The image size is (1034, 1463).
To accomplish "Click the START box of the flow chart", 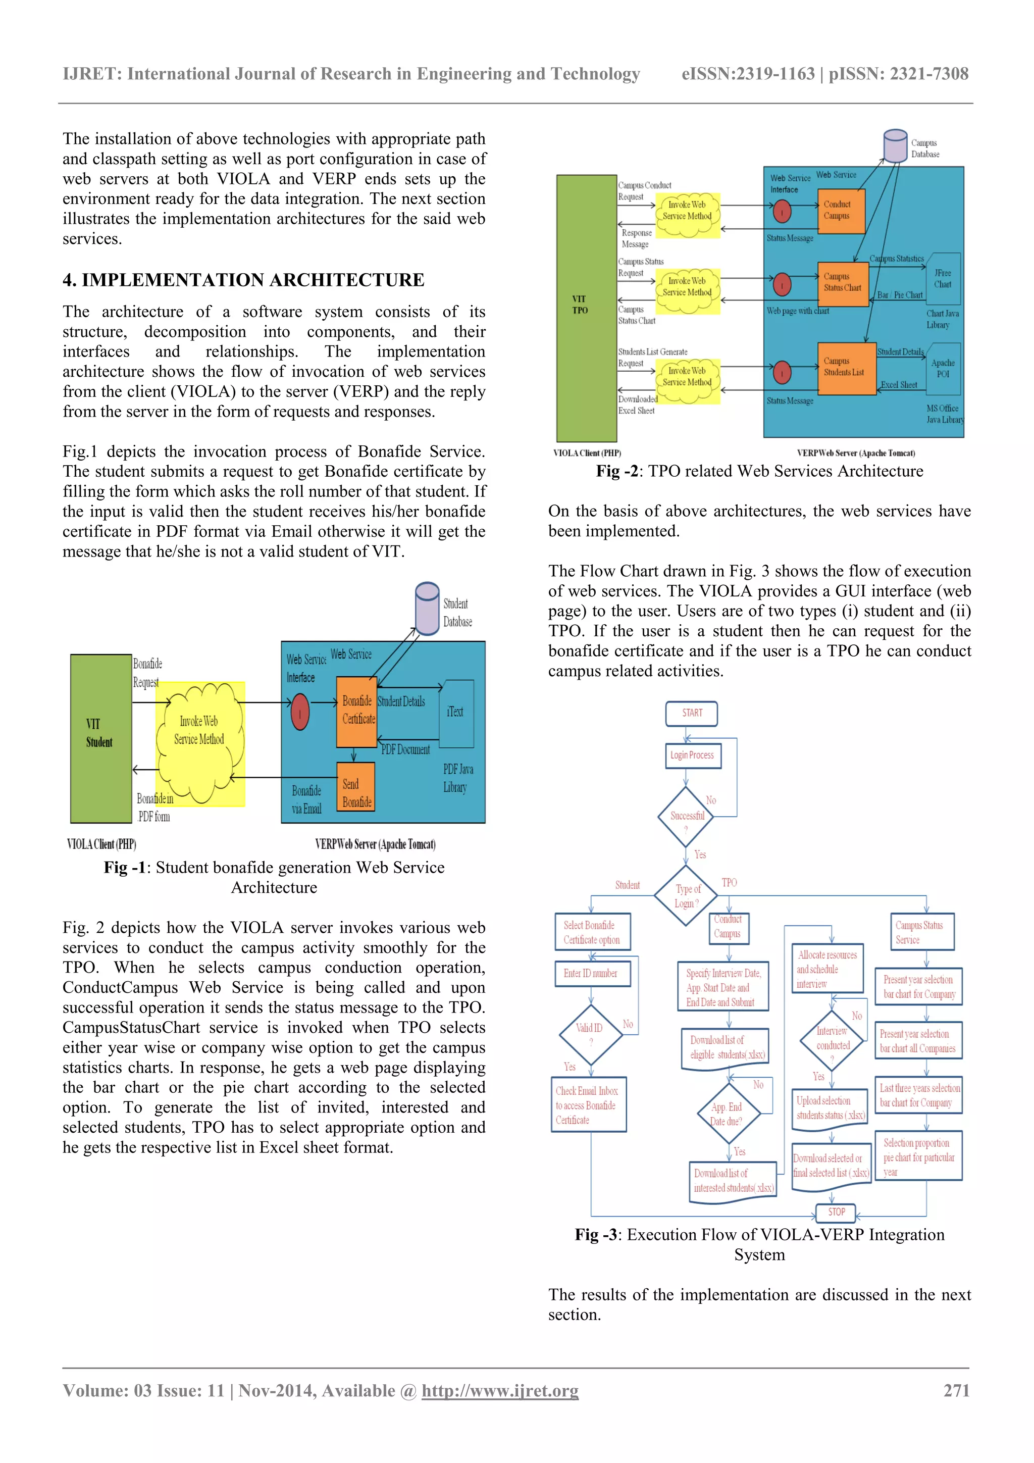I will coord(691,713).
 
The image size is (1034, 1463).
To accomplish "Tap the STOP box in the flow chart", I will coord(836,1212).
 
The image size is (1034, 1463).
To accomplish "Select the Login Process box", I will coord(692,755).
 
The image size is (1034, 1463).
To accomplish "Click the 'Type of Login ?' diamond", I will coord(686,895).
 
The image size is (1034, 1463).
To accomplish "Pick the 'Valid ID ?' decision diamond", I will coord(590,1034).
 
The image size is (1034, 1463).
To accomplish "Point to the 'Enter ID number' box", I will coord(591,973).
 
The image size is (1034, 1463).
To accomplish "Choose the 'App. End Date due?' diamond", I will coord(727,1114).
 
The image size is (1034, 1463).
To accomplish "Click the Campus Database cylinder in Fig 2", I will coord(895,146).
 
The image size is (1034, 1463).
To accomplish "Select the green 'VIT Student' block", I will coord(100,738).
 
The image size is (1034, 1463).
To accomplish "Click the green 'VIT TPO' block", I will coord(586,309).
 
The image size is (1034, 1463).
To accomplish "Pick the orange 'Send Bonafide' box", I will coord(355,787).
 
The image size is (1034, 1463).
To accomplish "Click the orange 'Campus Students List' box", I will coord(846,368).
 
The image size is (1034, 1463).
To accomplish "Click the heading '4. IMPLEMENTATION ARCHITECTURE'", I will coord(243,280).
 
